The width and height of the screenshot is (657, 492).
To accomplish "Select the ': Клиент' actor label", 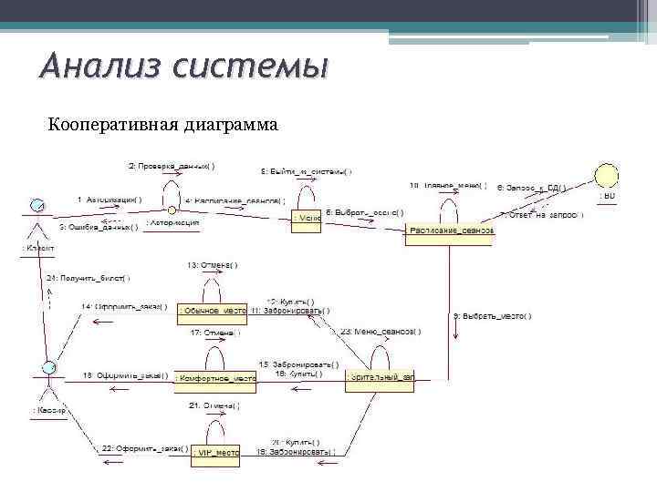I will tap(37, 248).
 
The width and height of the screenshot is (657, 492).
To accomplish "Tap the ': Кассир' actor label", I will tap(47, 411).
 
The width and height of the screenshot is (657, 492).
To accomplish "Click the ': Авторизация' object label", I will tap(173, 221).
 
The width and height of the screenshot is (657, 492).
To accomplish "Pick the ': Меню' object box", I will tap(307, 219).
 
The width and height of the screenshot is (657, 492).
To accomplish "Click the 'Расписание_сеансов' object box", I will tap(450, 231).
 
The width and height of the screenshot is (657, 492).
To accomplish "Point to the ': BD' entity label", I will tap(607, 196).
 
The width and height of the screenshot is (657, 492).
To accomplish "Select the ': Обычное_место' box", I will tap(213, 312).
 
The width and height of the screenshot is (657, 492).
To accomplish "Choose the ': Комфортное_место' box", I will tap(215, 377).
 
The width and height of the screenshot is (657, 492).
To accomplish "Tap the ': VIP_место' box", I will tap(214, 451).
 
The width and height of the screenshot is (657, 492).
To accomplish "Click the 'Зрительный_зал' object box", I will tap(380, 377).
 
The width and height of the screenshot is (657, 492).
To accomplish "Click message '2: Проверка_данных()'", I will tap(172, 166).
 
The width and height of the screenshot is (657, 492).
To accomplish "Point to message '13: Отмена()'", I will tap(213, 265).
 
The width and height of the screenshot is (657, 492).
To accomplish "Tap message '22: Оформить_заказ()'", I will tap(145, 448).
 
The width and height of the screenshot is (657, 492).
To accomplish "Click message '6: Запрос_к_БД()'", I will tap(531, 188).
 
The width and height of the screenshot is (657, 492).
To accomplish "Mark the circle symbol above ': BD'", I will tap(607, 173).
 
